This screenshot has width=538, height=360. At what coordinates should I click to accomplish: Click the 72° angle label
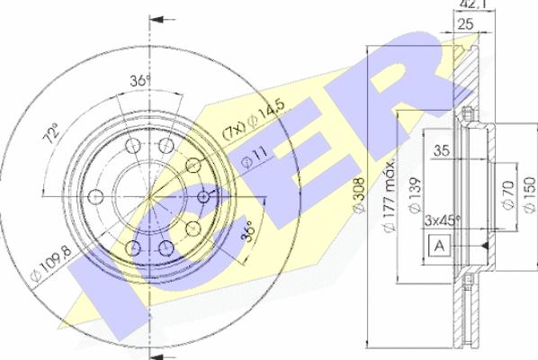pyautogui.click(x=50, y=133)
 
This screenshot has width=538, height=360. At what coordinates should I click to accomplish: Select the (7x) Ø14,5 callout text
pyautogui.click(x=254, y=119)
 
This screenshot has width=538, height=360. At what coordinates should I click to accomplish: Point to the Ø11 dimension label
pyautogui.click(x=255, y=157)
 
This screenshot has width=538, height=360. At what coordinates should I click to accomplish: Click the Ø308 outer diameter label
pyautogui.click(x=359, y=195)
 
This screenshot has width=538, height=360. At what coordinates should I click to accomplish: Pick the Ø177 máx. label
pyautogui.click(x=390, y=195)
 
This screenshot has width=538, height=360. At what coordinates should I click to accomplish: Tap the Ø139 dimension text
pyautogui.click(x=414, y=195)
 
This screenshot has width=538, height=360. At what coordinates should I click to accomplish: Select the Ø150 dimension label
pyautogui.click(x=530, y=193)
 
